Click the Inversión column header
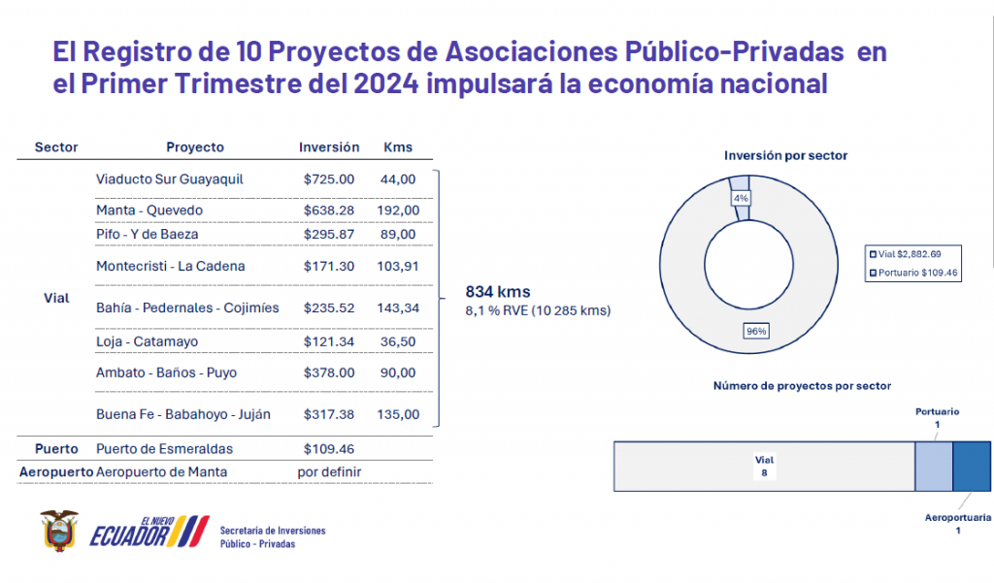329,147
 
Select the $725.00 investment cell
329,179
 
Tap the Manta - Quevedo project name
149,211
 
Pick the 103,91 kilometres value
398,266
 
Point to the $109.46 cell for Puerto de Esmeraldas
329,449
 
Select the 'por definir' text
329,471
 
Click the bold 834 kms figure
498,292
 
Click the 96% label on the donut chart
755,331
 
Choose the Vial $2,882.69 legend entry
911,253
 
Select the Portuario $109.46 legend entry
913,274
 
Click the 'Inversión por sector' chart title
785,155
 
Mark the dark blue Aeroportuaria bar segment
971,466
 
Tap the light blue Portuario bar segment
934,466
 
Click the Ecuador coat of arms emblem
58,531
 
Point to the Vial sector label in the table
56,299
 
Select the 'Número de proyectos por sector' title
802,386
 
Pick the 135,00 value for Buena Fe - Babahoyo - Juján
398,414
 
